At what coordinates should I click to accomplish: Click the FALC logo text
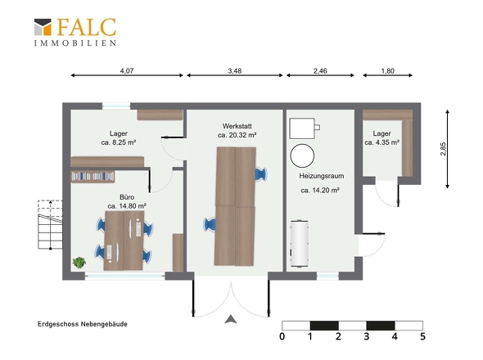pyautogui.click(x=87, y=27)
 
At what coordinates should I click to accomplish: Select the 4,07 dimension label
pyautogui.click(x=127, y=71)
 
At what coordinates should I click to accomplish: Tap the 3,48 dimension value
pyautogui.click(x=235, y=71)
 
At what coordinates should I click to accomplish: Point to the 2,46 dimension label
pyautogui.click(x=320, y=71)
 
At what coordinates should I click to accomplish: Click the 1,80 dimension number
pyautogui.click(x=387, y=71)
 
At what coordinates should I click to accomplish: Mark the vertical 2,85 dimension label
pyautogui.click(x=443, y=149)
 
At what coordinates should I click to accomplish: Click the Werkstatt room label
pyautogui.click(x=237, y=126)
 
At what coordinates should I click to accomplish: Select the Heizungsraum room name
pyautogui.click(x=321, y=176)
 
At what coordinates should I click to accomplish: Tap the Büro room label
pyautogui.click(x=127, y=197)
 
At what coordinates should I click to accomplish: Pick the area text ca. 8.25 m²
pyautogui.click(x=119, y=142)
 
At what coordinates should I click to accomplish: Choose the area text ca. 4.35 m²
pyautogui.click(x=382, y=142)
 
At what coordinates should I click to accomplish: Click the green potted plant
pyautogui.click(x=79, y=263)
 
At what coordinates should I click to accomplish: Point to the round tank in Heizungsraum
pyautogui.click(x=302, y=155)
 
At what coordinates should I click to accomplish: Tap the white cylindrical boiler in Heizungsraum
pyautogui.click(x=299, y=243)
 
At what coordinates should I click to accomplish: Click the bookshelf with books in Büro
pyautogui.click(x=93, y=177)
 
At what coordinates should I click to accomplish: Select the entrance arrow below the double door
pyautogui.click(x=231, y=319)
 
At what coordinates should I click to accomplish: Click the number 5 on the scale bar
pyautogui.click(x=422, y=336)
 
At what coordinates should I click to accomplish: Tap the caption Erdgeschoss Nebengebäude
pyautogui.click(x=83, y=324)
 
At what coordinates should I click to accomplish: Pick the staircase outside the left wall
pyautogui.click(x=50, y=224)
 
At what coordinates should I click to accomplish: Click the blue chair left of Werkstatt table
pyautogui.click(x=210, y=224)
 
